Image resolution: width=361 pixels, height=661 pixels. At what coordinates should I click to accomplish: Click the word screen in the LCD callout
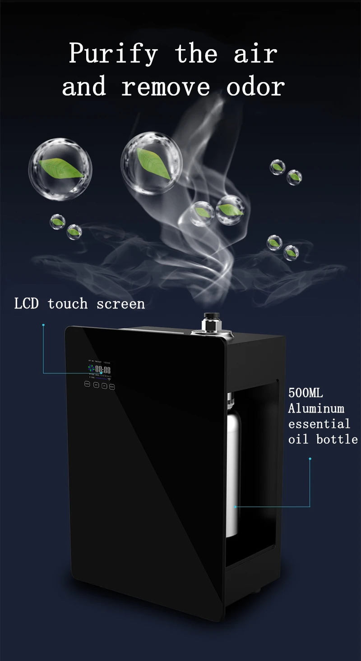click(x=120, y=303)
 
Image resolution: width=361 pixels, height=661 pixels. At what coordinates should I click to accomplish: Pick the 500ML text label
click(x=305, y=392)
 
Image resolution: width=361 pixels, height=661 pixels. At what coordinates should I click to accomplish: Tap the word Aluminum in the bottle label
click(x=316, y=409)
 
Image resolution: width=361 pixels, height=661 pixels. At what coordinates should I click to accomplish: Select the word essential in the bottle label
click(x=319, y=424)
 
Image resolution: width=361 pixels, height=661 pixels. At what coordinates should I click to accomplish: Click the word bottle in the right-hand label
click(x=337, y=439)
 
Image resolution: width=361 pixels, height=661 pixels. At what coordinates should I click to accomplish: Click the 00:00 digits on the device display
click(x=103, y=370)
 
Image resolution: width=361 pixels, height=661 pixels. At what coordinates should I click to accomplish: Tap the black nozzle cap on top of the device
click(x=210, y=317)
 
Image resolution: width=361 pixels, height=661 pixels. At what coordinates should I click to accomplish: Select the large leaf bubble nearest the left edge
click(x=60, y=169)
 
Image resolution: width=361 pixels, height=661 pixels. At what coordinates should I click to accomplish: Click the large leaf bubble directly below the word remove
click(x=152, y=163)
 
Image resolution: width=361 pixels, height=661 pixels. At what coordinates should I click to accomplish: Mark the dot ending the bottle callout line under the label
click(x=310, y=459)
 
